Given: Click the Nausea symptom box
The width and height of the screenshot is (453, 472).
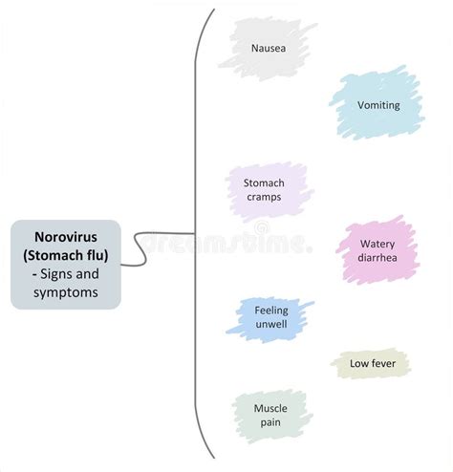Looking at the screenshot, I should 268,47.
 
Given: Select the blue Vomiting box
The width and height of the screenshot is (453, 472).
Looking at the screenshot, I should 377,105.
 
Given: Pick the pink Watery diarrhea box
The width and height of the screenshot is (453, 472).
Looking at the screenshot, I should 378,250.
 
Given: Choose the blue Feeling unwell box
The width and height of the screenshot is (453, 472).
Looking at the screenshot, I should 270,317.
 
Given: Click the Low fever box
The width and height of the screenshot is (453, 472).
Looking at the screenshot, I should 371,364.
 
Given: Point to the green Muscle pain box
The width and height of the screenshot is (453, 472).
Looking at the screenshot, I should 270,416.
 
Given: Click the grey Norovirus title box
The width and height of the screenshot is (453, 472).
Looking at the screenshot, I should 66,264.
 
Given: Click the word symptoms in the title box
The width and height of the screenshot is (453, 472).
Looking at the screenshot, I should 66,292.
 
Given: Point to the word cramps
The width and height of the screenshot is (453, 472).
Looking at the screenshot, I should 264,198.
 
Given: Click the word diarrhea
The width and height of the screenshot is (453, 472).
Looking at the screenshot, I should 378,258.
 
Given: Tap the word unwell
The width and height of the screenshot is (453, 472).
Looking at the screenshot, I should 270,325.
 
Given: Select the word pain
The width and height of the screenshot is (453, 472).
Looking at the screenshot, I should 270,423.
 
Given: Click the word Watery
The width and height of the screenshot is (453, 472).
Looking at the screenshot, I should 378,244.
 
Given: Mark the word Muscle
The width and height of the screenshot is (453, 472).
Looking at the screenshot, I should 270,408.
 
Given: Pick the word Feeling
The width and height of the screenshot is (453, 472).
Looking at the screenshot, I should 270,311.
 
